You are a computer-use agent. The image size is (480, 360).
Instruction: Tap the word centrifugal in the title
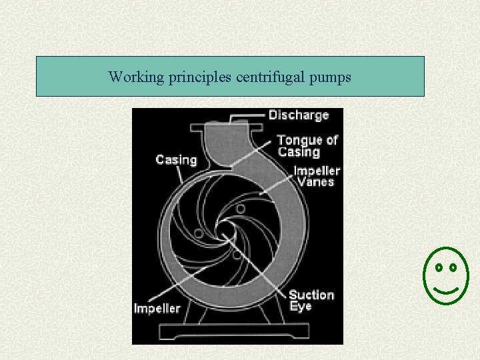coord(271,77)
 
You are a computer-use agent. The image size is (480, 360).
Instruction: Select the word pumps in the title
coord(329,78)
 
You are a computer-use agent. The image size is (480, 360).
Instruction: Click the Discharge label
coord(299,115)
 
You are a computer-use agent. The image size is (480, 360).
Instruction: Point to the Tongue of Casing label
coord(307,146)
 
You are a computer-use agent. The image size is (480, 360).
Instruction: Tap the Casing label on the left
coord(176,160)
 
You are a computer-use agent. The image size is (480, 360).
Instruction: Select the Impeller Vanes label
coord(317,176)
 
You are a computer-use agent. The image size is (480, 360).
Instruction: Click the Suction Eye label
coord(311,301)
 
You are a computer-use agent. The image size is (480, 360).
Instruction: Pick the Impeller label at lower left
coord(157,308)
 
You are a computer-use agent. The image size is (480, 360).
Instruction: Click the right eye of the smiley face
coord(453,268)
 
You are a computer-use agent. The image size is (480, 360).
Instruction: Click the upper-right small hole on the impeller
coord(240,209)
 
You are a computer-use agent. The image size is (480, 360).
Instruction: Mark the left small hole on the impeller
coord(198,233)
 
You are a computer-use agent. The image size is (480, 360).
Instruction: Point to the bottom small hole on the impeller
coord(237,254)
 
